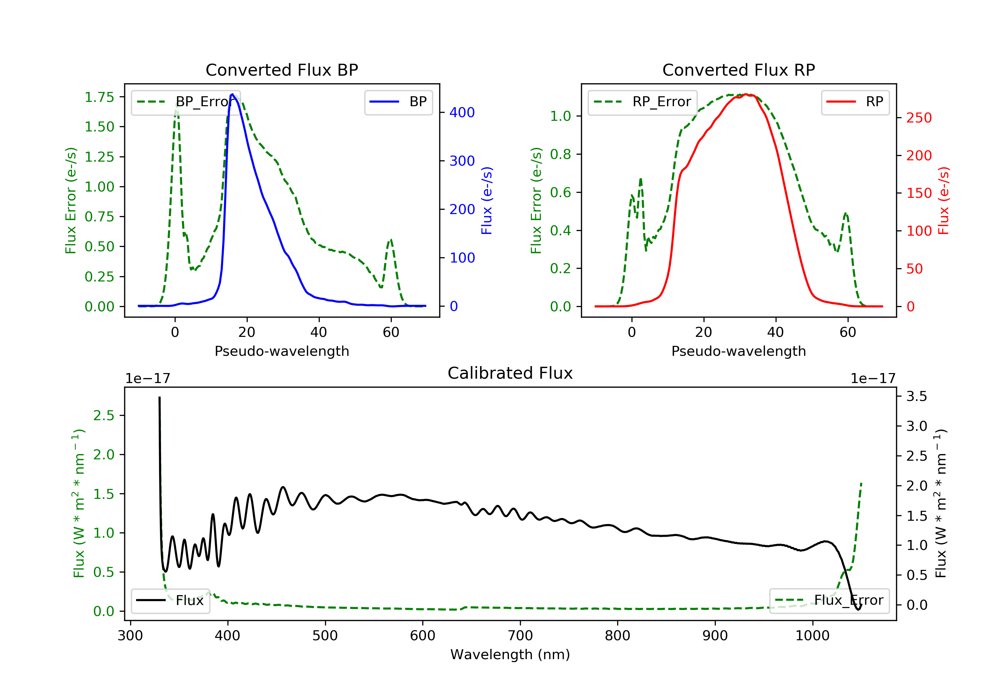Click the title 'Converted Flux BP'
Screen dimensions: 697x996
click(x=282, y=70)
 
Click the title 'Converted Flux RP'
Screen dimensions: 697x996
click(x=738, y=70)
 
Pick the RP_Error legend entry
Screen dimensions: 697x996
click(x=642, y=102)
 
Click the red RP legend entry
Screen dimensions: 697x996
click(x=855, y=102)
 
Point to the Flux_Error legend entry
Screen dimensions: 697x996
click(x=829, y=600)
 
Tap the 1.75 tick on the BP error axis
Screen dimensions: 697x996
click(x=99, y=97)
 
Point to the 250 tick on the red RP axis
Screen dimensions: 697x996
click(x=919, y=118)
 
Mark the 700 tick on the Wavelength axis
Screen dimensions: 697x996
click(x=520, y=636)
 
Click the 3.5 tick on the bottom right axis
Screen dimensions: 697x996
click(x=917, y=396)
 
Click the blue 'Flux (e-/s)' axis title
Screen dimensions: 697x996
click(x=487, y=201)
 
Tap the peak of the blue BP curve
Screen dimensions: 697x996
click(x=232, y=94)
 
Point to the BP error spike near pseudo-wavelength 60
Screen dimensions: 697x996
click(x=391, y=240)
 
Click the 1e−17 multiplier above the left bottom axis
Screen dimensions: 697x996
click(x=147, y=379)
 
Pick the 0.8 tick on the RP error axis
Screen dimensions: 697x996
click(x=560, y=154)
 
